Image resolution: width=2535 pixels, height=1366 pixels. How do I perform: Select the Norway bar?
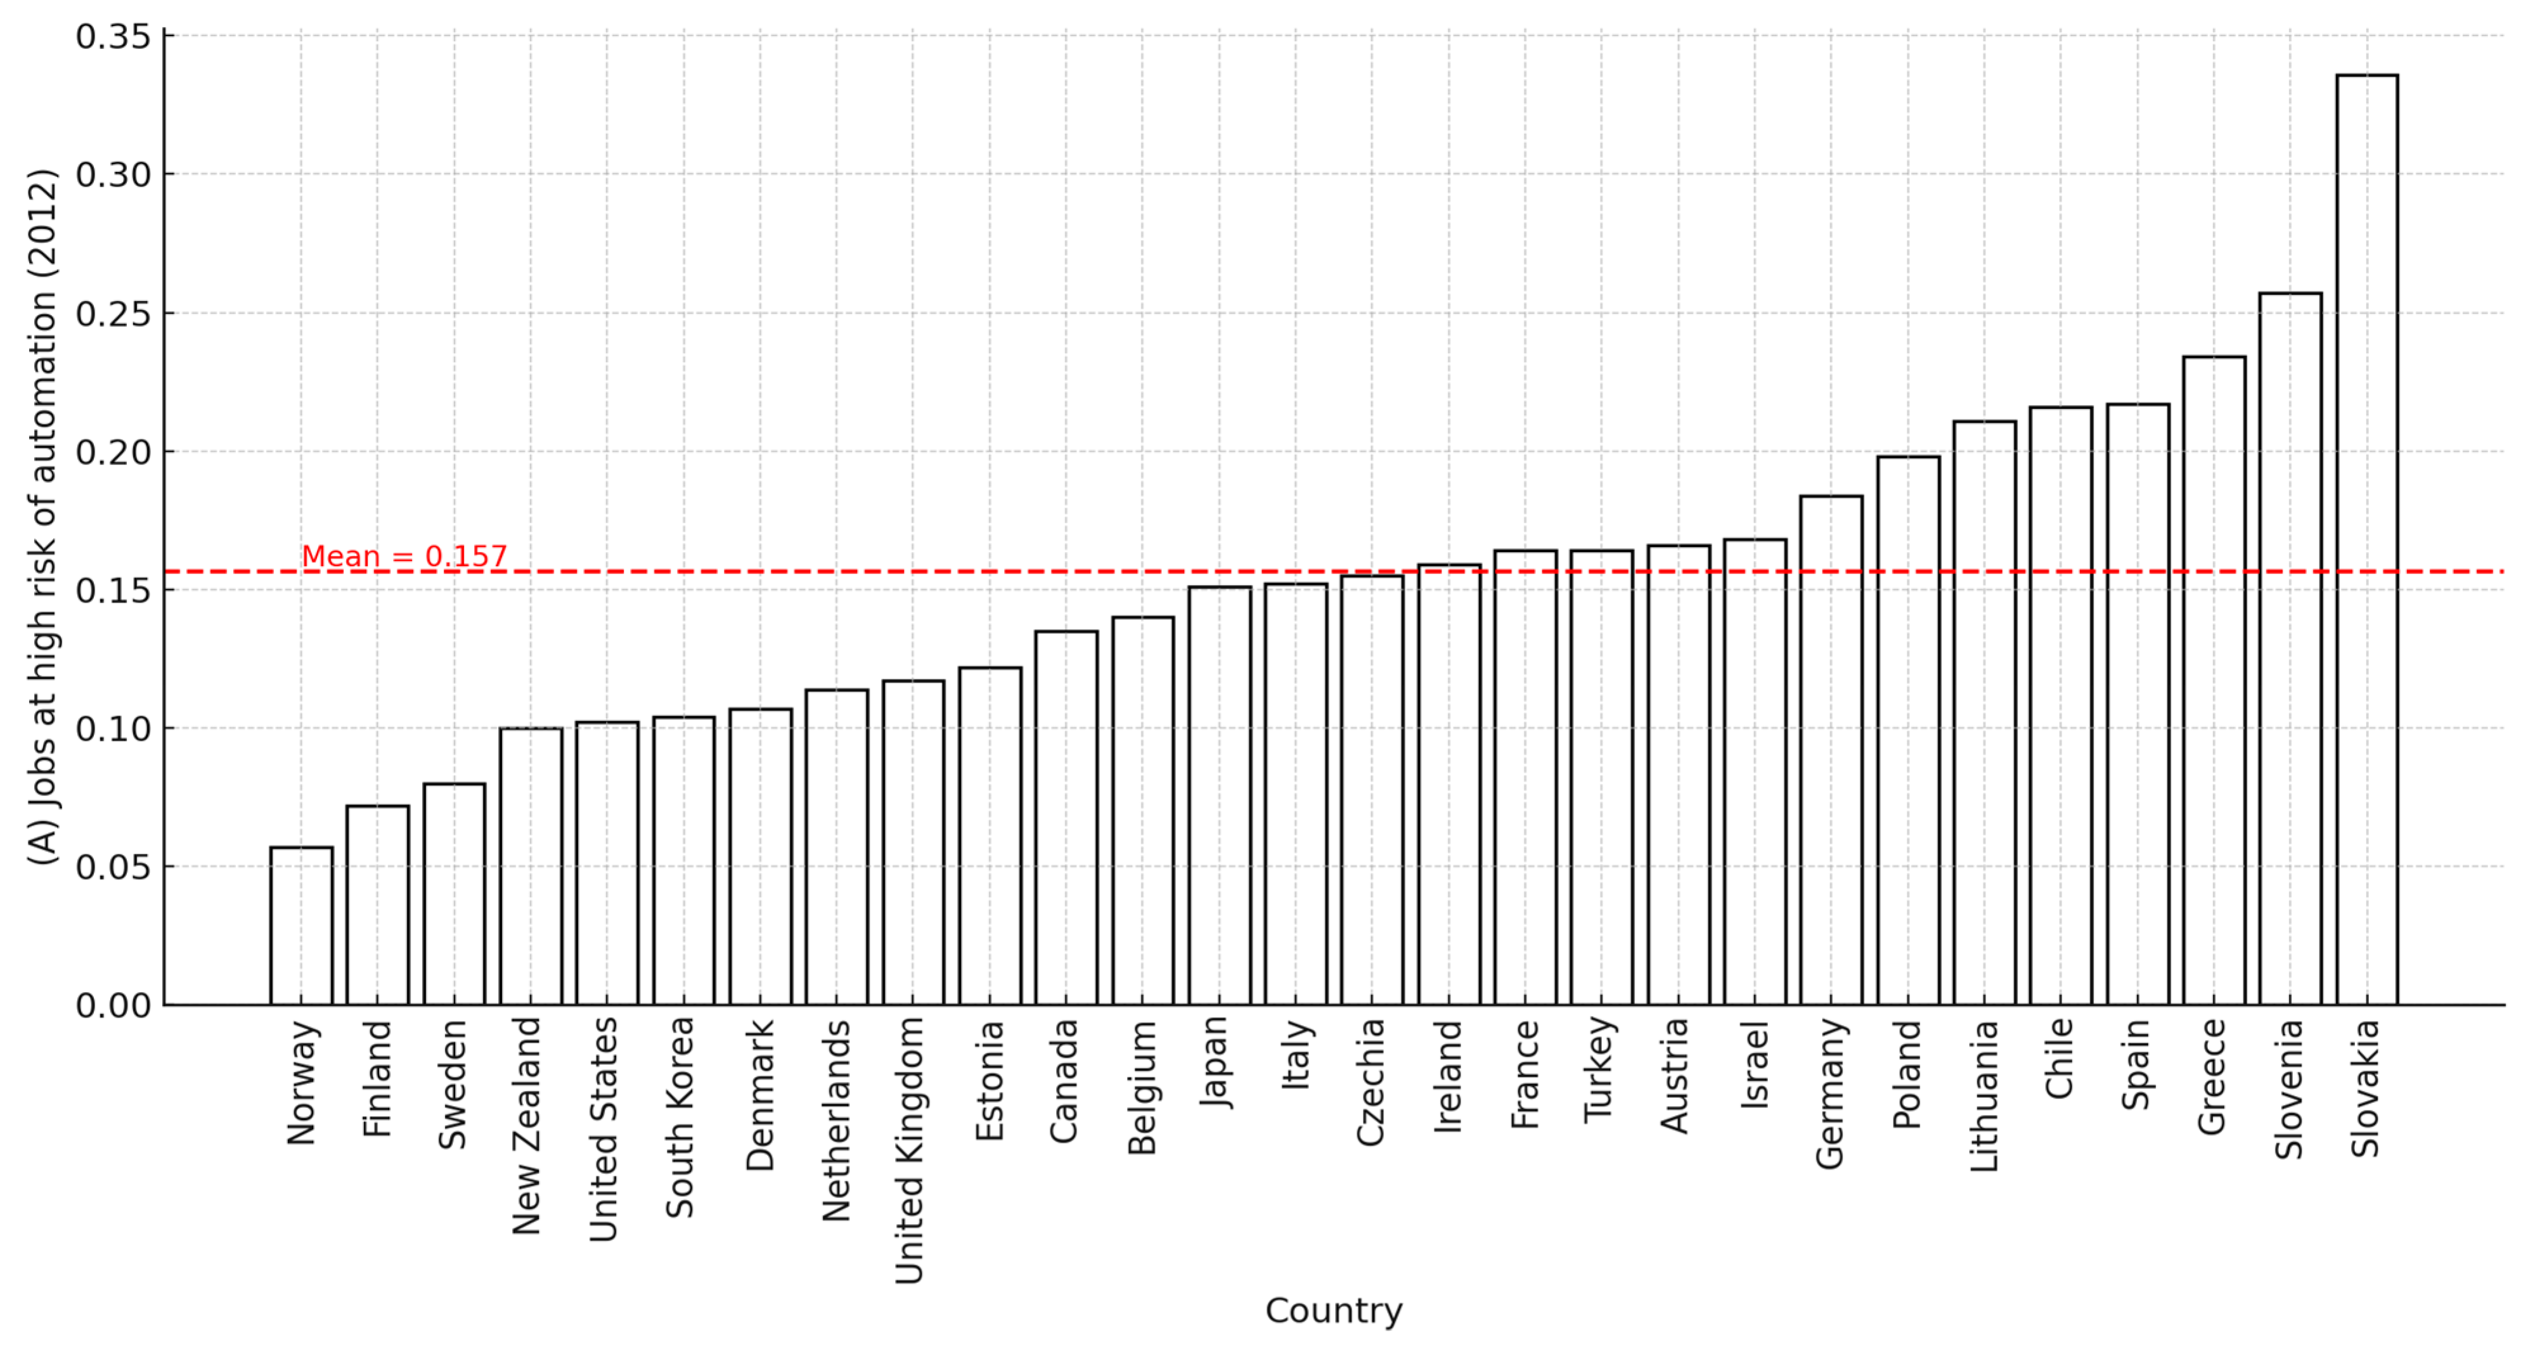301,925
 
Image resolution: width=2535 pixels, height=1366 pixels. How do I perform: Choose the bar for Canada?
1066,817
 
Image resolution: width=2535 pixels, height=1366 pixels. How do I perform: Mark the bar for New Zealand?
531,866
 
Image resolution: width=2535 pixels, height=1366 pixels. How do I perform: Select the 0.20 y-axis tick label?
113,453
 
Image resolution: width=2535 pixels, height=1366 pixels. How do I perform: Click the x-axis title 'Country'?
1334,1310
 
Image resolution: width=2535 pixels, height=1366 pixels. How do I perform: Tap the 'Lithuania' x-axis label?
1984,1095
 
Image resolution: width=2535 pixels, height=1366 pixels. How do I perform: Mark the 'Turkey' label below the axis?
1600,1070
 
